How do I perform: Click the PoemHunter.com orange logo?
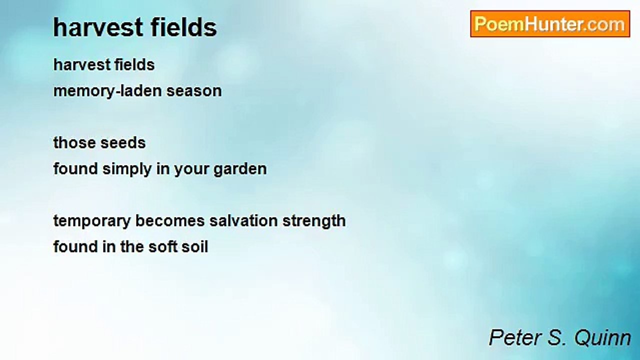pyautogui.click(x=550, y=24)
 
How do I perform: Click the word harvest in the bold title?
pyautogui.click(x=98, y=27)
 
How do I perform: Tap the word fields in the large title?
pyautogui.click(x=183, y=27)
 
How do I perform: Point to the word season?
pyautogui.click(x=194, y=91)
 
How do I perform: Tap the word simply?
pyautogui.click(x=127, y=169)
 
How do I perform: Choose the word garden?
pyautogui.click(x=240, y=169)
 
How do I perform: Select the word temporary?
pyautogui.click(x=92, y=221)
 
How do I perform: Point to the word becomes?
pyautogui.click(x=170, y=221)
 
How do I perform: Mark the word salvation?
pyautogui.click(x=243, y=221)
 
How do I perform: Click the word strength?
pyautogui.click(x=314, y=221)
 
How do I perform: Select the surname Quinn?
pyautogui.click(x=602, y=338)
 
